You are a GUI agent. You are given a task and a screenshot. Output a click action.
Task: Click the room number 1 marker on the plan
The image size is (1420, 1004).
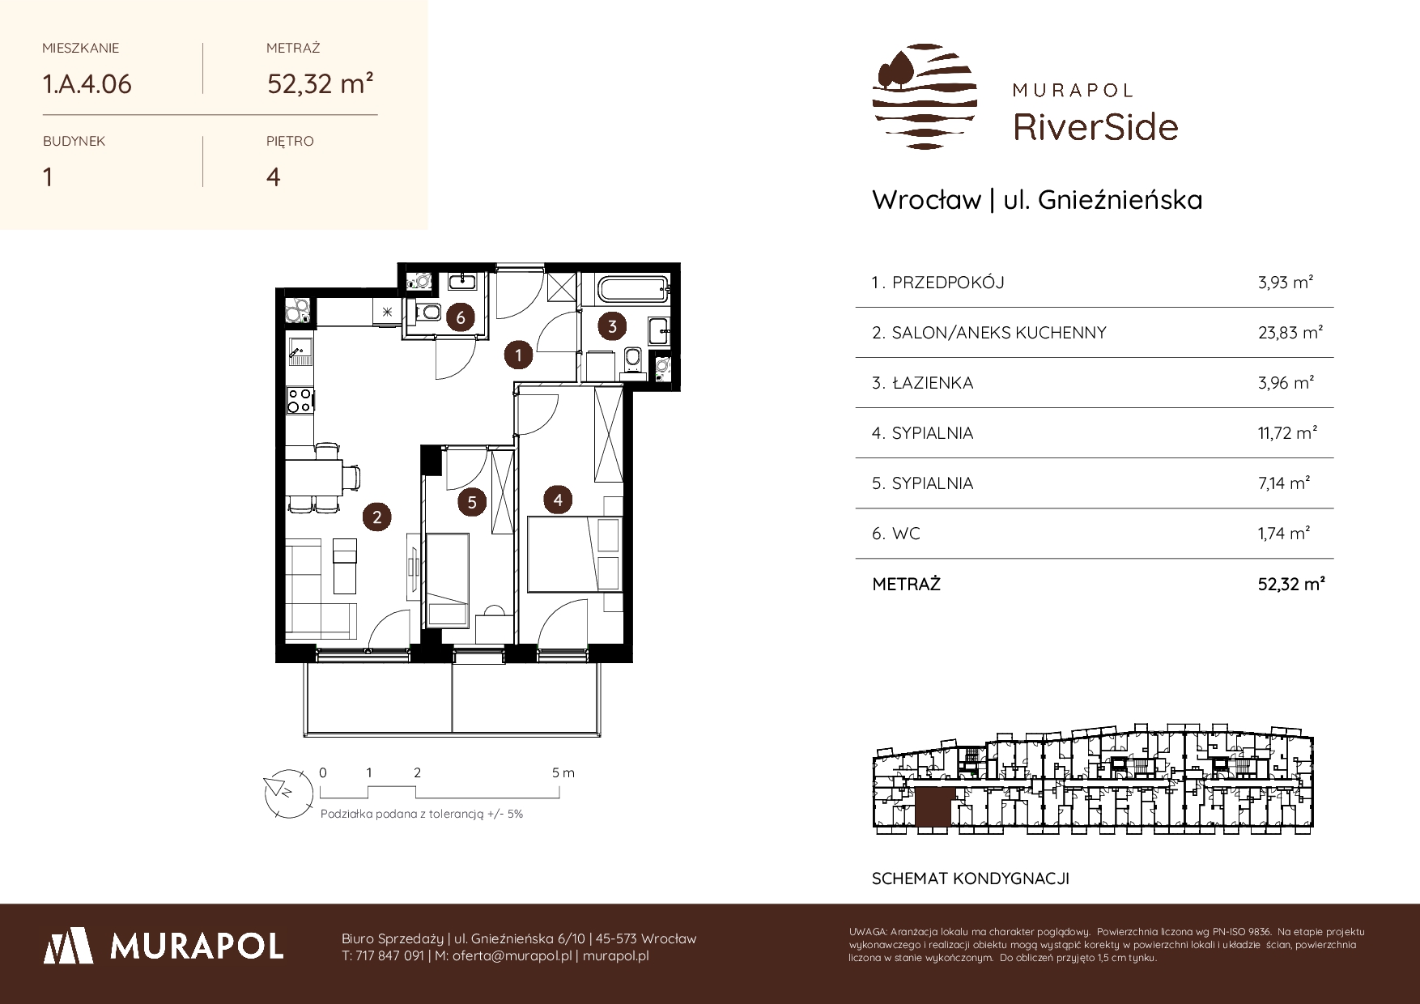(518, 354)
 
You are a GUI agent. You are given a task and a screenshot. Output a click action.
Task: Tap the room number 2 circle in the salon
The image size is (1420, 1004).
(376, 516)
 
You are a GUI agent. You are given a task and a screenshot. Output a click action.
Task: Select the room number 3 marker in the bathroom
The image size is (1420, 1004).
(612, 326)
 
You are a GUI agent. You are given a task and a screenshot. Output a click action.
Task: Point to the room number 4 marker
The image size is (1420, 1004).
(558, 500)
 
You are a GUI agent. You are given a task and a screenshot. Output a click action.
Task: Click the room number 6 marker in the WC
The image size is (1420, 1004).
(461, 317)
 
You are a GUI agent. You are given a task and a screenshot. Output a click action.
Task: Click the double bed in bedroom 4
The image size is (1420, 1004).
(574, 554)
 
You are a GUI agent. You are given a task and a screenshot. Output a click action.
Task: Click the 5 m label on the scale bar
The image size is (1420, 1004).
(563, 772)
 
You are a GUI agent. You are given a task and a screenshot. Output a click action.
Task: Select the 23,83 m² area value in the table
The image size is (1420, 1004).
(1290, 332)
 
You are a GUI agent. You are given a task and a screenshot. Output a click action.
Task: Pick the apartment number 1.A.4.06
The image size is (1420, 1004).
(87, 83)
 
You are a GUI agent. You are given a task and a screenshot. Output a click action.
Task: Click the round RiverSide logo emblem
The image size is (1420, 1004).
(925, 96)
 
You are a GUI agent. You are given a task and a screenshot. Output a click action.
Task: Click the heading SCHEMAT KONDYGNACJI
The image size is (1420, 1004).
(971, 878)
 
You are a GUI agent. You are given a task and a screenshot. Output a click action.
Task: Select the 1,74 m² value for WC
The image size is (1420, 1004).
(1284, 533)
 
